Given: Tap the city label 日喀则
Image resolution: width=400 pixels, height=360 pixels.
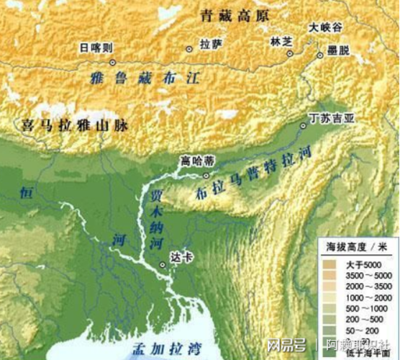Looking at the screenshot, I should tap(96, 48).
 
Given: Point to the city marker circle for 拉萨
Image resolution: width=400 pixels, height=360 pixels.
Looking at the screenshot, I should tap(189, 49).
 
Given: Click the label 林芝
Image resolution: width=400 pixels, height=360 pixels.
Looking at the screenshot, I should tap(282, 42).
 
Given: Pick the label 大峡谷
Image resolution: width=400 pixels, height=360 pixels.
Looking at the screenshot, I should tap(325, 27).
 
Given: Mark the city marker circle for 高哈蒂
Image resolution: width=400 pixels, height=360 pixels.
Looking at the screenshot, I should tap(207, 174).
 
